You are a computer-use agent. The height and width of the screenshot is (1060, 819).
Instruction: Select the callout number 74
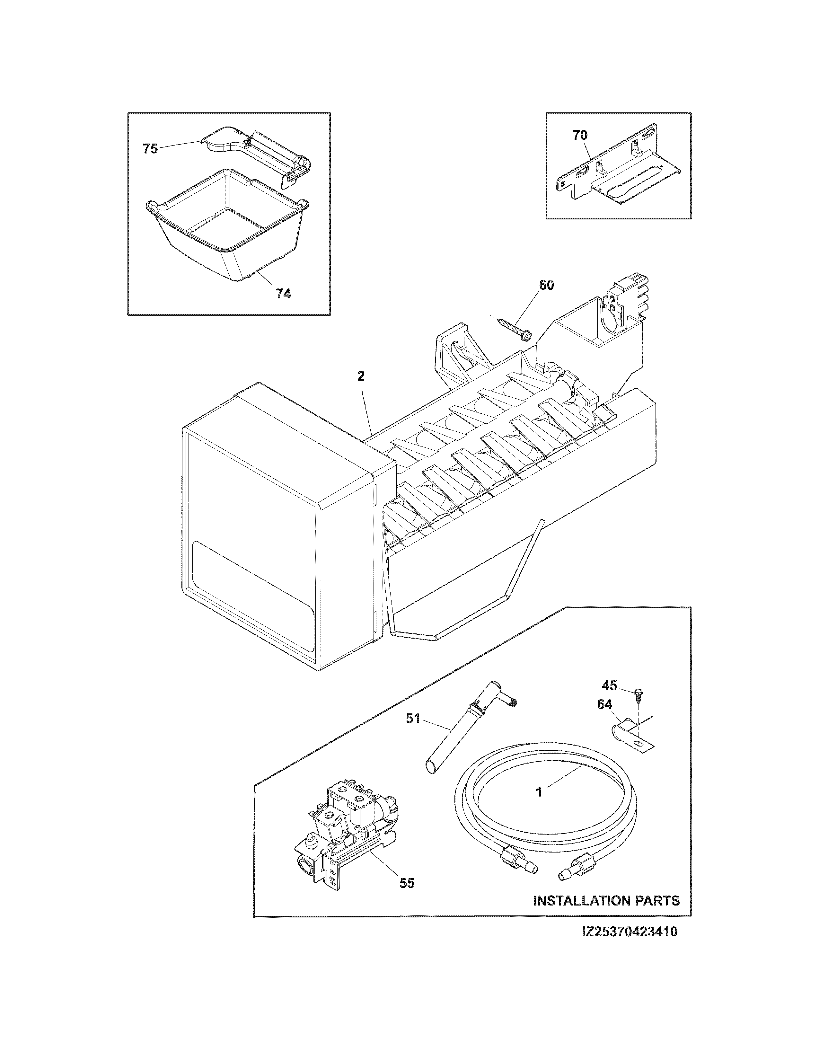283,294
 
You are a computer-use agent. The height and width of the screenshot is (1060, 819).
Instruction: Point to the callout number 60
546,285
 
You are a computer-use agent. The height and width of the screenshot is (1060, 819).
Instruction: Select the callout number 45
609,685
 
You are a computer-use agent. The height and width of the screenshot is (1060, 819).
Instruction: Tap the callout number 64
604,704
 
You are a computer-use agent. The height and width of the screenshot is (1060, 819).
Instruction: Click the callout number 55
407,883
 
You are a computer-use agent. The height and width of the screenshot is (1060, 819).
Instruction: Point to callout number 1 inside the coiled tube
539,792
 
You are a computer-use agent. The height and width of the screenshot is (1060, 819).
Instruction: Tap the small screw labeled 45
638,695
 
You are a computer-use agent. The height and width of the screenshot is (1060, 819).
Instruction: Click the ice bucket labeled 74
225,228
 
